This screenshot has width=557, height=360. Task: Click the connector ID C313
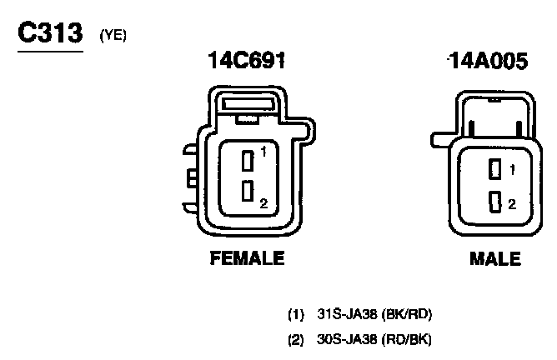(x=50, y=32)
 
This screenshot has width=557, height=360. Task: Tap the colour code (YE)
(x=113, y=35)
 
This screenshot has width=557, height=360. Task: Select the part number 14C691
(x=247, y=60)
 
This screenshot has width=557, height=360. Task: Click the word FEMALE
(x=248, y=258)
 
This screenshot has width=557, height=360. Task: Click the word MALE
(x=495, y=259)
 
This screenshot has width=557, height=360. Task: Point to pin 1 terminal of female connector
(x=248, y=161)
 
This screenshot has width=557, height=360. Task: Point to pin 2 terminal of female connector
(x=248, y=191)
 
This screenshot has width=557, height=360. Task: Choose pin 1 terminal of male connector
(x=495, y=169)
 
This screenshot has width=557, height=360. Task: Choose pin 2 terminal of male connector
(x=495, y=202)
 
